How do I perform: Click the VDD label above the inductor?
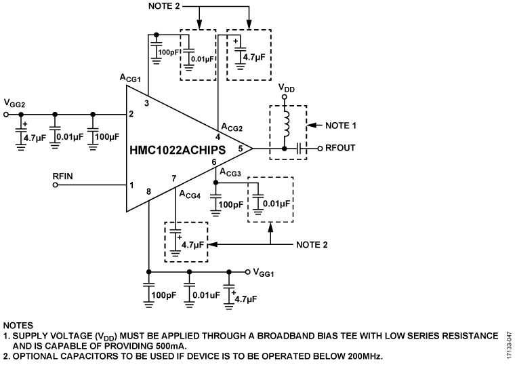[285, 89]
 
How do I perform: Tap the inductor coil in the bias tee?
[285, 123]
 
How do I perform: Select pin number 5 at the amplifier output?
[240, 149]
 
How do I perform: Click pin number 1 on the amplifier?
[132, 185]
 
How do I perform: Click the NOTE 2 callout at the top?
[165, 7]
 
